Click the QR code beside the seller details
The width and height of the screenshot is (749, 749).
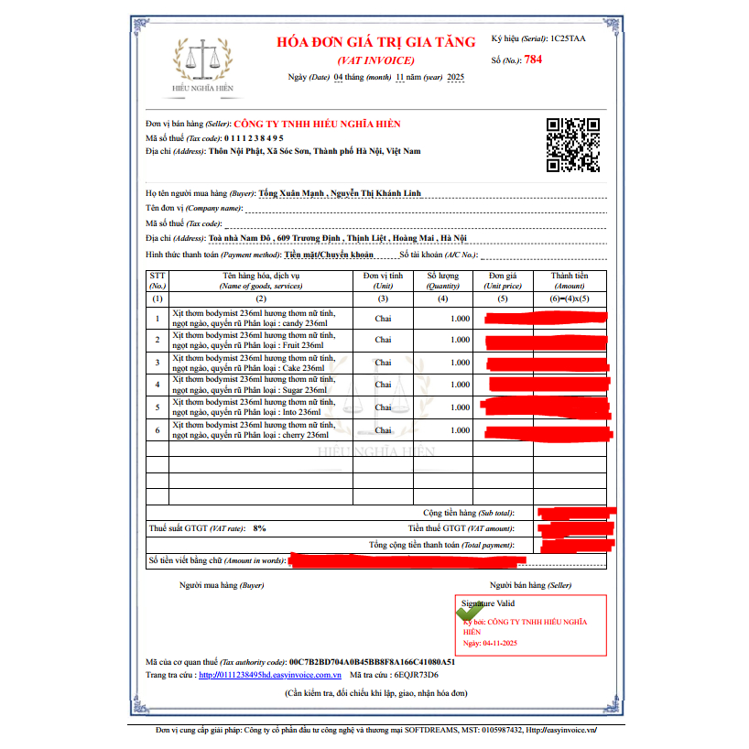(572, 146)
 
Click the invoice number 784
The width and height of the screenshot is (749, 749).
(533, 60)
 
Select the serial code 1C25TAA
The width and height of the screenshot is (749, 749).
(570, 39)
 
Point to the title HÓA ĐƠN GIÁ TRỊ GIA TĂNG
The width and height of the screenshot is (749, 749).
(376, 42)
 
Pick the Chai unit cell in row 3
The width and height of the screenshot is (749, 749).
(383, 363)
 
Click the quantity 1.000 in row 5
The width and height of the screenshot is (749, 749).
(460, 407)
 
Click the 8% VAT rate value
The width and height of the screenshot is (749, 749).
(260, 528)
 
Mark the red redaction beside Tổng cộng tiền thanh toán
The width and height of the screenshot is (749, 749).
(577, 546)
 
